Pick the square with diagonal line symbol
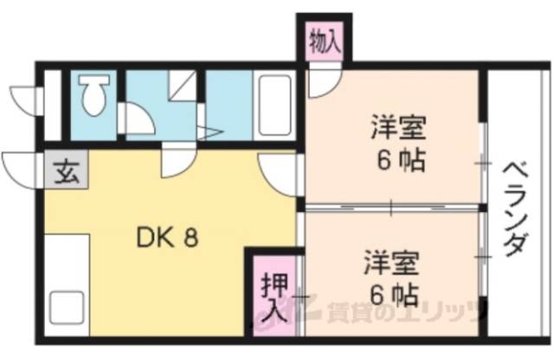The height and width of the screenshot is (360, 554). [183, 85]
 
